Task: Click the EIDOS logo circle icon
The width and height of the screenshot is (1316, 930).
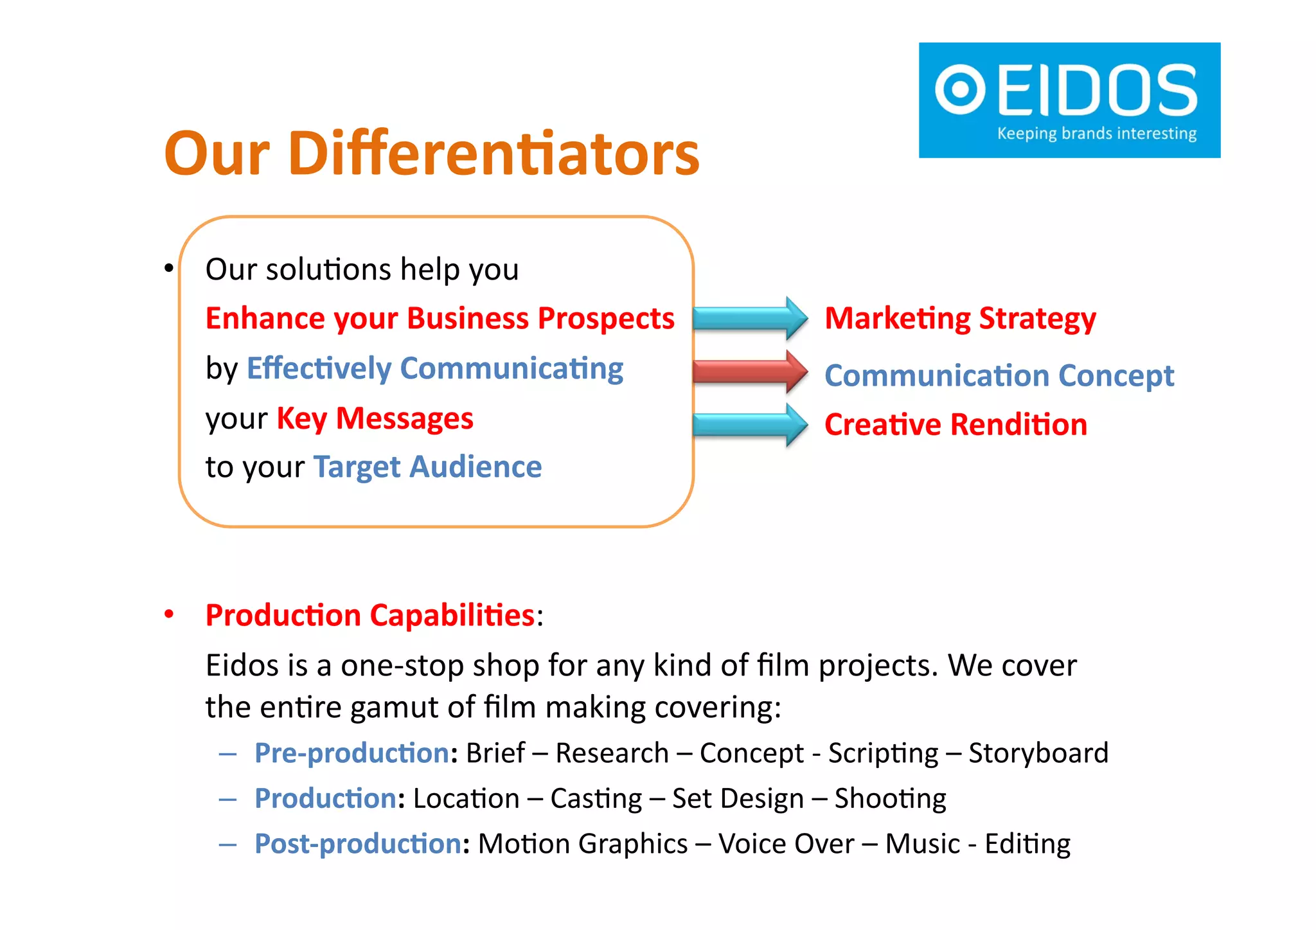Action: [x=960, y=89]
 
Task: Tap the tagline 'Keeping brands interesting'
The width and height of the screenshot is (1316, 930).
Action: [x=1096, y=134]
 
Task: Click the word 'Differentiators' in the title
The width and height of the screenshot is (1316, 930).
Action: [x=493, y=154]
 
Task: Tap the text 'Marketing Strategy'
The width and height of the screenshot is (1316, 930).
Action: [x=960, y=319]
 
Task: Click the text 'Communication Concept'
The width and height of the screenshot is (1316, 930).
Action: [x=999, y=375]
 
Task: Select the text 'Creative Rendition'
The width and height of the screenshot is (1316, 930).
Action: [x=956, y=425]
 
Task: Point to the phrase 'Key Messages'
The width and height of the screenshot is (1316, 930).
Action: [x=375, y=418]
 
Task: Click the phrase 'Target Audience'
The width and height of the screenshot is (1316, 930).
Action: [x=427, y=467]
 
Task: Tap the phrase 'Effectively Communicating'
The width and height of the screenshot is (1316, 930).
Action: [x=434, y=369]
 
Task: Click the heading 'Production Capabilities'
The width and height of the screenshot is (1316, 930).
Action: [x=370, y=616]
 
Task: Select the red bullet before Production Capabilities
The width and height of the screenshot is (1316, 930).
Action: [x=169, y=614]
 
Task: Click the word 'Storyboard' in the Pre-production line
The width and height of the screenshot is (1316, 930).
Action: [x=1038, y=753]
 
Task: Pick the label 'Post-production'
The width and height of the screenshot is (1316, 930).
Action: [x=357, y=844]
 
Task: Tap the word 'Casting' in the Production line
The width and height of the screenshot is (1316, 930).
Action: [x=596, y=799]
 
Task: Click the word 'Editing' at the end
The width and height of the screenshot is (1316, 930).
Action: [x=1027, y=844]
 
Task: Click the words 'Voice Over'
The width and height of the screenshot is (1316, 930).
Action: [x=786, y=844]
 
